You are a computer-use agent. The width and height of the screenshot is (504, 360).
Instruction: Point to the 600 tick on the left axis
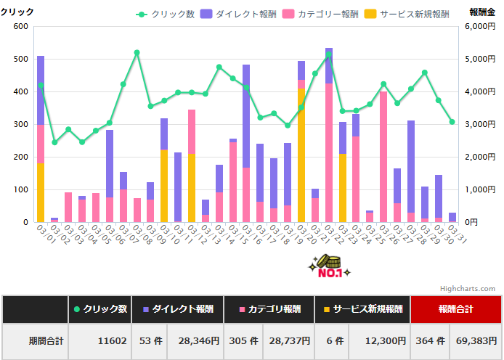click(x=20, y=26)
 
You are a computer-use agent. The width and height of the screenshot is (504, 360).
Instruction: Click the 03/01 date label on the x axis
click(x=44, y=234)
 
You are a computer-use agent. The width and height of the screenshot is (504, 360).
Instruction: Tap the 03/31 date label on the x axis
click(x=456, y=234)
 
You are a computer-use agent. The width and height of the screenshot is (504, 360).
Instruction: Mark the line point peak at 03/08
click(x=137, y=52)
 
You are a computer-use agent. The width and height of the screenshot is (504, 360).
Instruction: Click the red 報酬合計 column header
click(x=455, y=309)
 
